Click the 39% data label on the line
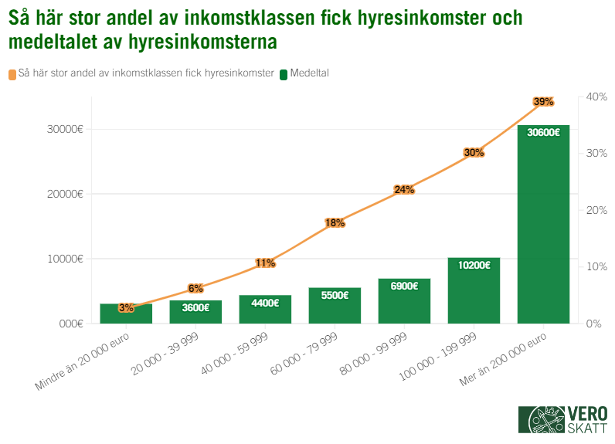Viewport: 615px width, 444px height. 543,102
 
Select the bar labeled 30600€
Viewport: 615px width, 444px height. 543,224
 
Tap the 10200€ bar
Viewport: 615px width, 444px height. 474,290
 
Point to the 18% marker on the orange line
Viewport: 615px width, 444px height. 335,223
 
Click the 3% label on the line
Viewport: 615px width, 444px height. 126,307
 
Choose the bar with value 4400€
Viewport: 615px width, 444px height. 265,309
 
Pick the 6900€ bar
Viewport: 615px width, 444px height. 404,300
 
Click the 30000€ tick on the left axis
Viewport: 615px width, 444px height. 61,129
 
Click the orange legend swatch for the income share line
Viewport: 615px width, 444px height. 12,75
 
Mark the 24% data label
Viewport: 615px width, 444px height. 404,189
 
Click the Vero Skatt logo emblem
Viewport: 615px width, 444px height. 540,420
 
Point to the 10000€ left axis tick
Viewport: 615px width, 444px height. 61,259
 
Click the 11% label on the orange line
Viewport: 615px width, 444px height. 265,263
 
